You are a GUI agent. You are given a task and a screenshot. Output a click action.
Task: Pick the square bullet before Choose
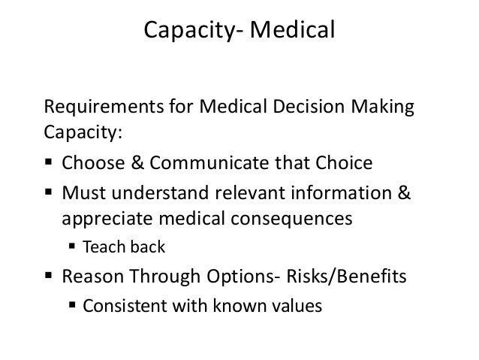pyautogui.click(x=51, y=163)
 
